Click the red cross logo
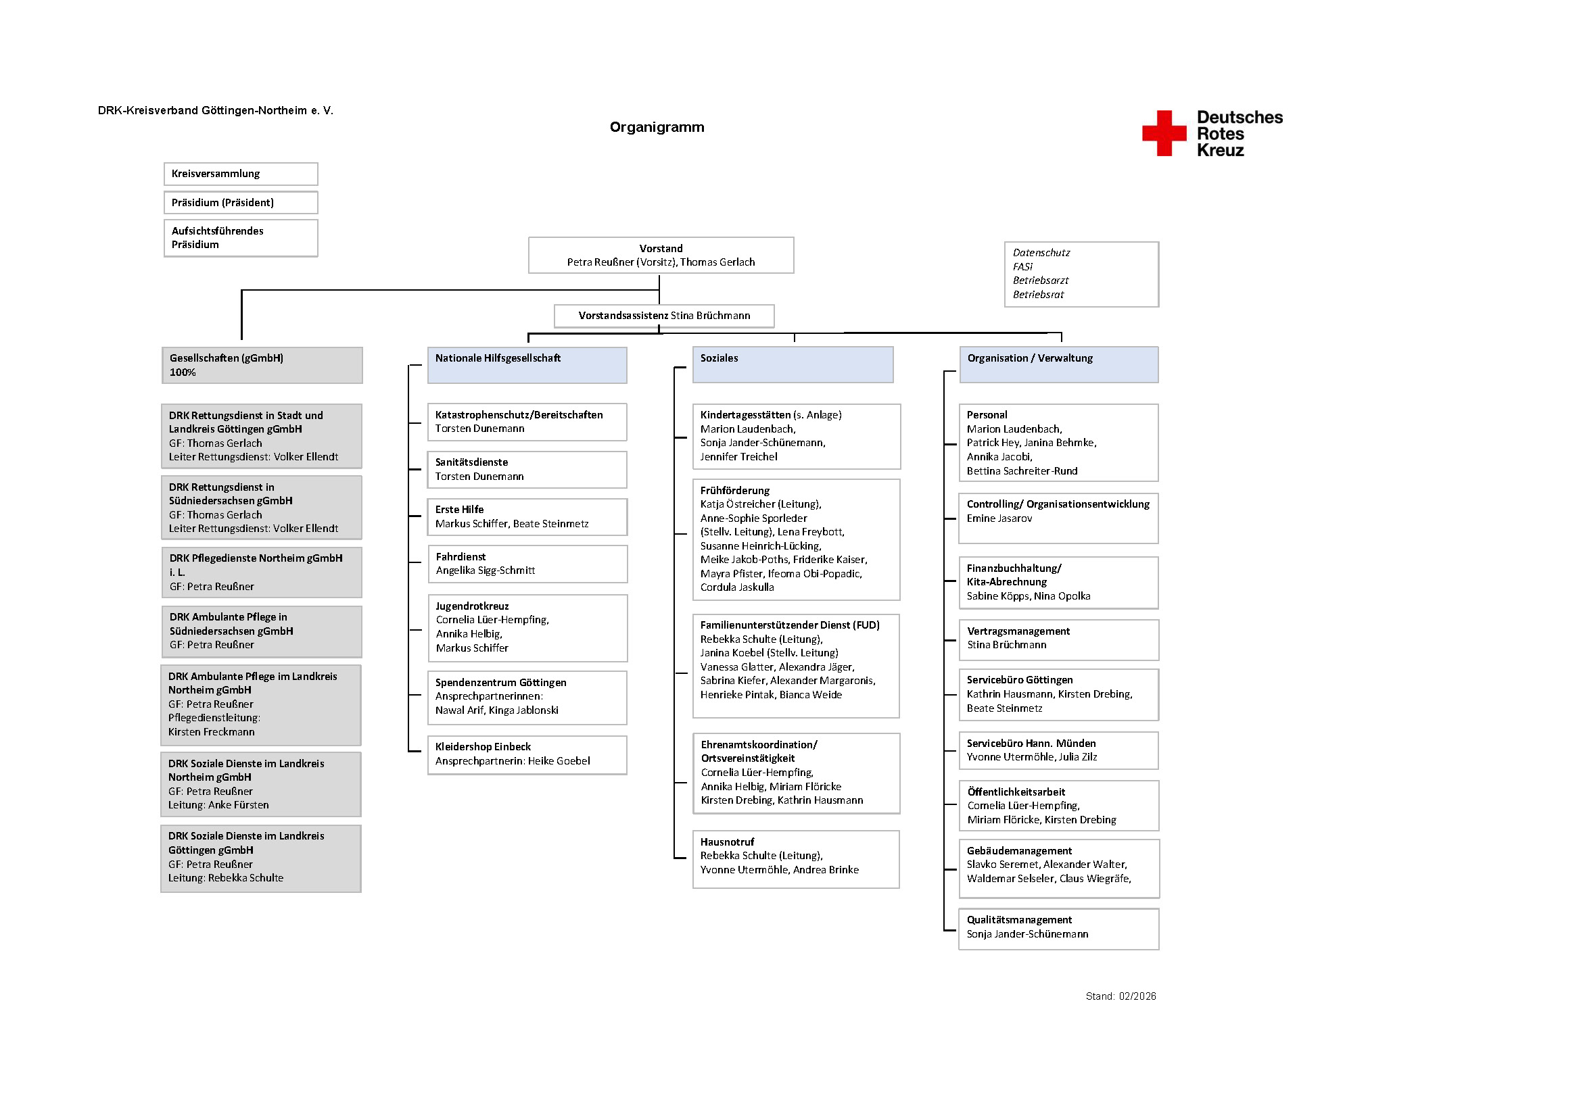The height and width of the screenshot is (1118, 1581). pyautogui.click(x=1164, y=134)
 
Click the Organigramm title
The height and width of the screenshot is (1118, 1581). pyautogui.click(x=657, y=127)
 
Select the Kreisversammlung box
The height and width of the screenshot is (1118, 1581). pyautogui.click(x=240, y=174)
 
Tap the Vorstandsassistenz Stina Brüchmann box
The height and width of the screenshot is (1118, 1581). pyautogui.click(x=664, y=316)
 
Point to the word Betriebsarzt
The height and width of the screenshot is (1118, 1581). pyautogui.click(x=1041, y=281)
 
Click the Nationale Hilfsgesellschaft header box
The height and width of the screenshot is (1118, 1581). pyautogui.click(x=527, y=365)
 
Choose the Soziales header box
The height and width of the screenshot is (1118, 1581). pyautogui.click(x=793, y=365)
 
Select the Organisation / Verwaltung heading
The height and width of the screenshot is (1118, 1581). pyautogui.click(x=1029, y=359)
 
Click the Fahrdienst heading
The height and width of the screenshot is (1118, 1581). pyautogui.click(x=461, y=557)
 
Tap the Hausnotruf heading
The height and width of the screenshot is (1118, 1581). pyautogui.click(x=727, y=842)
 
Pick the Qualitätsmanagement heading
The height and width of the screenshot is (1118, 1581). pyautogui.click(x=1019, y=921)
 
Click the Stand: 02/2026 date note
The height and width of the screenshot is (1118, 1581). pyautogui.click(x=1120, y=996)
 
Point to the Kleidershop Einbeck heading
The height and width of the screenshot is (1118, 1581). pyautogui.click(x=483, y=747)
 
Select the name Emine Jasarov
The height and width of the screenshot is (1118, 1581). pyautogui.click(x=999, y=518)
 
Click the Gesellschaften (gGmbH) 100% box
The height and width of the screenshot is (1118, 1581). pyautogui.click(x=262, y=366)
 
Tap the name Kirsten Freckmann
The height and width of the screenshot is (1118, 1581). pyautogui.click(x=212, y=733)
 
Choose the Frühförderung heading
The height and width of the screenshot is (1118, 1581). pyautogui.click(x=735, y=491)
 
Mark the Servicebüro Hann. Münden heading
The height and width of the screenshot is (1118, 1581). pyautogui.click(x=1031, y=744)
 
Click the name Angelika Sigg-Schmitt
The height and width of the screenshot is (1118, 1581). pyautogui.click(x=485, y=570)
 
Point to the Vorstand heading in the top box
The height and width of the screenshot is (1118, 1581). pyautogui.click(x=661, y=249)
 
